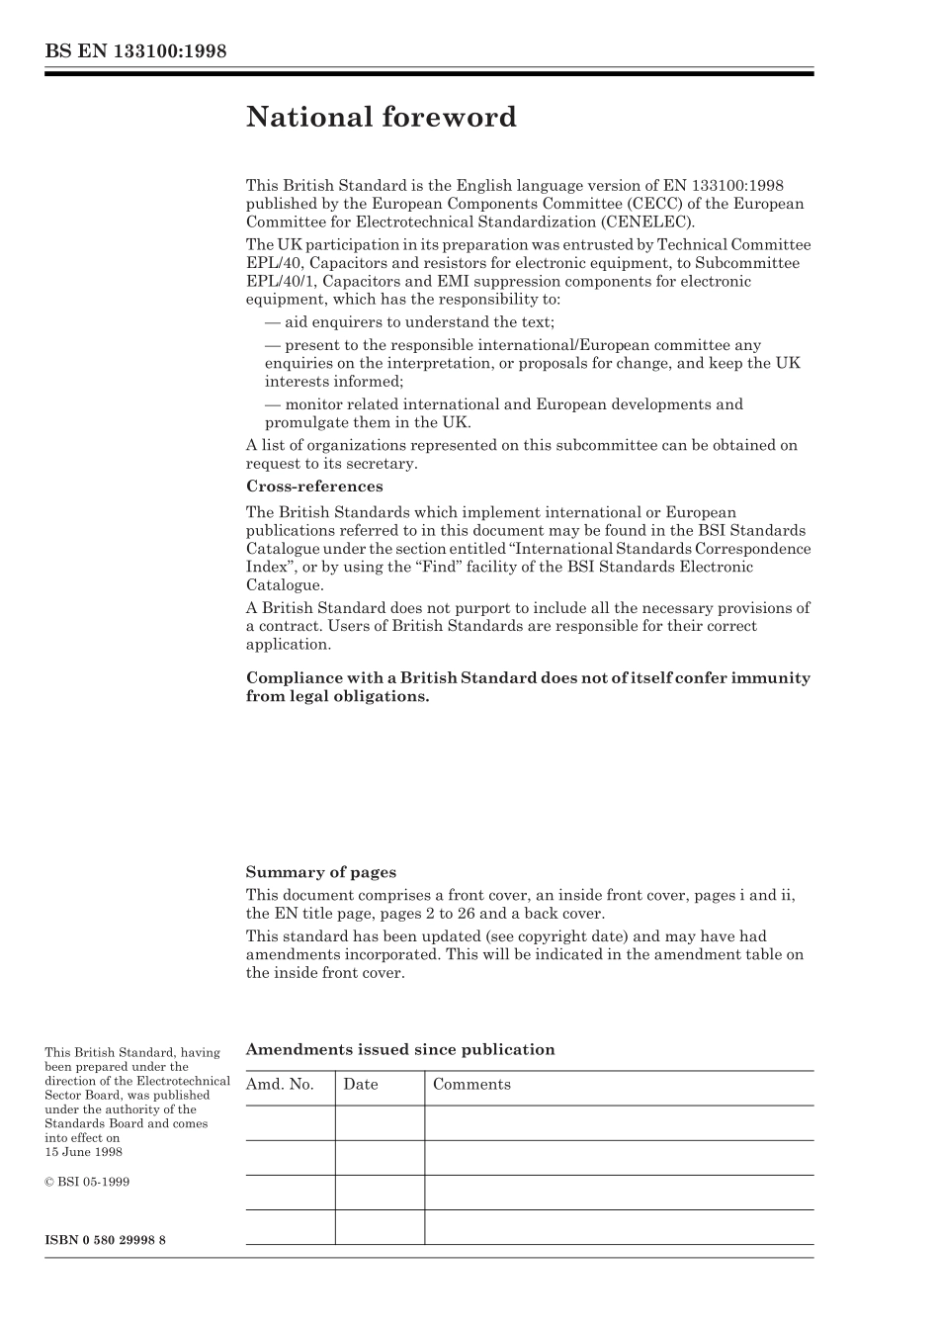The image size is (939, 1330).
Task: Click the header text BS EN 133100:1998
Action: pos(135,51)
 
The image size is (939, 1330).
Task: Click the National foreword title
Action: pos(381,118)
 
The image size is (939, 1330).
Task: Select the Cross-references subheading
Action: pos(313,487)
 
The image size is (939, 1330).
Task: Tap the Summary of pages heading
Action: pos(320,872)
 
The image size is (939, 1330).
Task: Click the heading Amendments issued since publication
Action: pos(399,1050)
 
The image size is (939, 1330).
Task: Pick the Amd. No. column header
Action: pos(280,1085)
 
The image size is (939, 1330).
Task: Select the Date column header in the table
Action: pos(361,1085)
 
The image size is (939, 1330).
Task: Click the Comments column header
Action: pos(471,1085)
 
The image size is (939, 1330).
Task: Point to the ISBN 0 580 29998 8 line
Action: pos(105,1240)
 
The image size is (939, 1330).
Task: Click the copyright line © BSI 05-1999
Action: pos(87,1182)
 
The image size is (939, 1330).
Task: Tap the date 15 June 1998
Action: pos(83,1152)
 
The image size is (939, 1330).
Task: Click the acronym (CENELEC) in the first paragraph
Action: pos(646,222)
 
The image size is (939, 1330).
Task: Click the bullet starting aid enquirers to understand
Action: pos(409,322)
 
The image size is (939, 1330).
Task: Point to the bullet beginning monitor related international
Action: pos(504,404)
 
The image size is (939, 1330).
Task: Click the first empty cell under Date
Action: pos(380,1123)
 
